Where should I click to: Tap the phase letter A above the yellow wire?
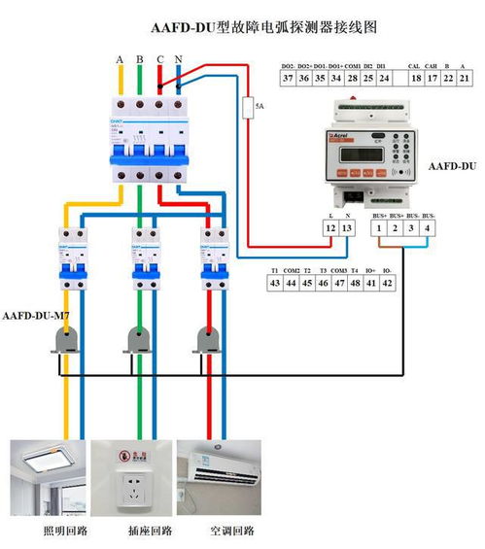point(120,60)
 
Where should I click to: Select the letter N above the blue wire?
point(178,60)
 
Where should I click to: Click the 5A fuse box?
point(248,105)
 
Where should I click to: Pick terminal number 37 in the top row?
point(288,78)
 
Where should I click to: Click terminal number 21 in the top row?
point(464,78)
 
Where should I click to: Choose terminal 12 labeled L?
point(330,227)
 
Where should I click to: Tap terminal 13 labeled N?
point(348,227)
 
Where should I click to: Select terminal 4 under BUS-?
point(429,227)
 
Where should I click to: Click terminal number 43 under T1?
point(275,283)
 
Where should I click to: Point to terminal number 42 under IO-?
point(387,283)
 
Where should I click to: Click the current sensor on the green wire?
point(138,337)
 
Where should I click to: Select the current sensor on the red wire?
point(207,337)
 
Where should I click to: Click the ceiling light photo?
point(48,478)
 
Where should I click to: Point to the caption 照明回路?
point(66,532)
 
